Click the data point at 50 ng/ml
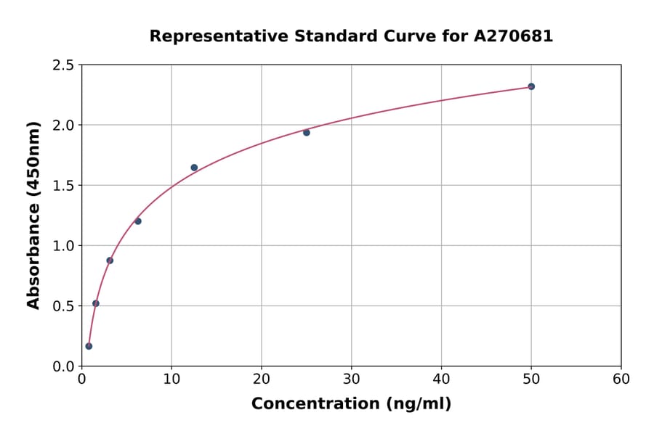pyautogui.click(x=531, y=86)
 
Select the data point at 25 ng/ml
pyautogui.click(x=307, y=133)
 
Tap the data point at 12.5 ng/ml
pyautogui.click(x=194, y=168)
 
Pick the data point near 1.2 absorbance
pyautogui.click(x=138, y=221)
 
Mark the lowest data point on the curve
pyautogui.click(x=89, y=346)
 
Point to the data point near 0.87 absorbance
pyautogui.click(x=110, y=260)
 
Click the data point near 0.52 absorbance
pyautogui.click(x=96, y=303)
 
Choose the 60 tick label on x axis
pyautogui.click(x=621, y=379)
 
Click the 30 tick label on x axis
pyautogui.click(x=351, y=379)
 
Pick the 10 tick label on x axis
pyautogui.click(x=171, y=379)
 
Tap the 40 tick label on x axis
pyautogui.click(x=441, y=379)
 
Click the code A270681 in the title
pyautogui.click(x=514, y=36)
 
